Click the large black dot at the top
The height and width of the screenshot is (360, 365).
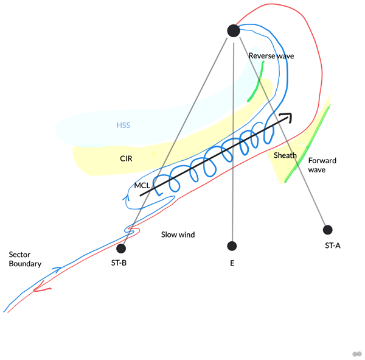(x=234, y=30)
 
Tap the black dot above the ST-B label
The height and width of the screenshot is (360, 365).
(x=121, y=249)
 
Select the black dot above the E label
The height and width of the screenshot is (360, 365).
(x=231, y=246)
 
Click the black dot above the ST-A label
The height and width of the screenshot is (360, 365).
(x=328, y=230)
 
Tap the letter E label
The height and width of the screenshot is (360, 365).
(x=232, y=264)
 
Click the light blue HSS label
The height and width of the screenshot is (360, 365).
(x=123, y=126)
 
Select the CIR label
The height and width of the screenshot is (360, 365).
(x=126, y=158)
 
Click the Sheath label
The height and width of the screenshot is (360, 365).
(x=285, y=155)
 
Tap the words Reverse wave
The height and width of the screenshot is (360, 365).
(x=271, y=56)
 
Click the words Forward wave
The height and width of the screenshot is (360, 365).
(x=322, y=165)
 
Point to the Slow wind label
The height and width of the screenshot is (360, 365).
(x=178, y=234)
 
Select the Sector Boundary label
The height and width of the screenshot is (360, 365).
(x=25, y=259)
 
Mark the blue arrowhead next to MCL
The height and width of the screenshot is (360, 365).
(x=126, y=196)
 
